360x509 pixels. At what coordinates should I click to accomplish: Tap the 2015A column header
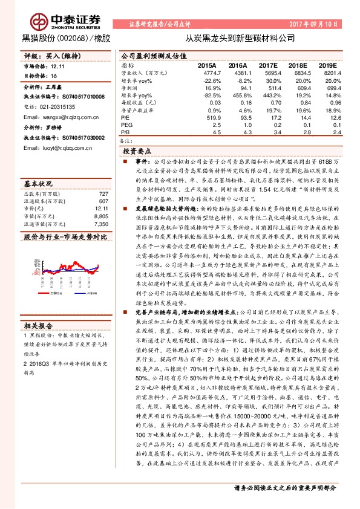207,64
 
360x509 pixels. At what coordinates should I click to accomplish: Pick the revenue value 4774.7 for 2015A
206,72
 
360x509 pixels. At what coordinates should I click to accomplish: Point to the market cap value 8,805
101,216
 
